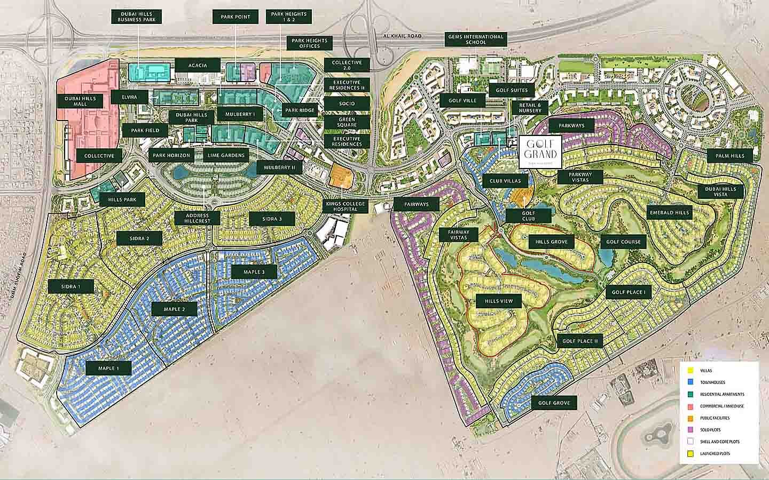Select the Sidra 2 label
[x=139, y=238]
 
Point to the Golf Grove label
[x=554, y=403]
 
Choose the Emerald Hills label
[x=669, y=212]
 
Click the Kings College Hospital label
[x=347, y=207]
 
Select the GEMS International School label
[x=475, y=39]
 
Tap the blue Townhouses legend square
[x=690, y=382]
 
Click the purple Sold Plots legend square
[x=690, y=430]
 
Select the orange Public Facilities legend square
[x=690, y=418]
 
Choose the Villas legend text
[x=706, y=370]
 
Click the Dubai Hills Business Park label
[x=137, y=16]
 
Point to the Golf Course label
[x=623, y=242]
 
